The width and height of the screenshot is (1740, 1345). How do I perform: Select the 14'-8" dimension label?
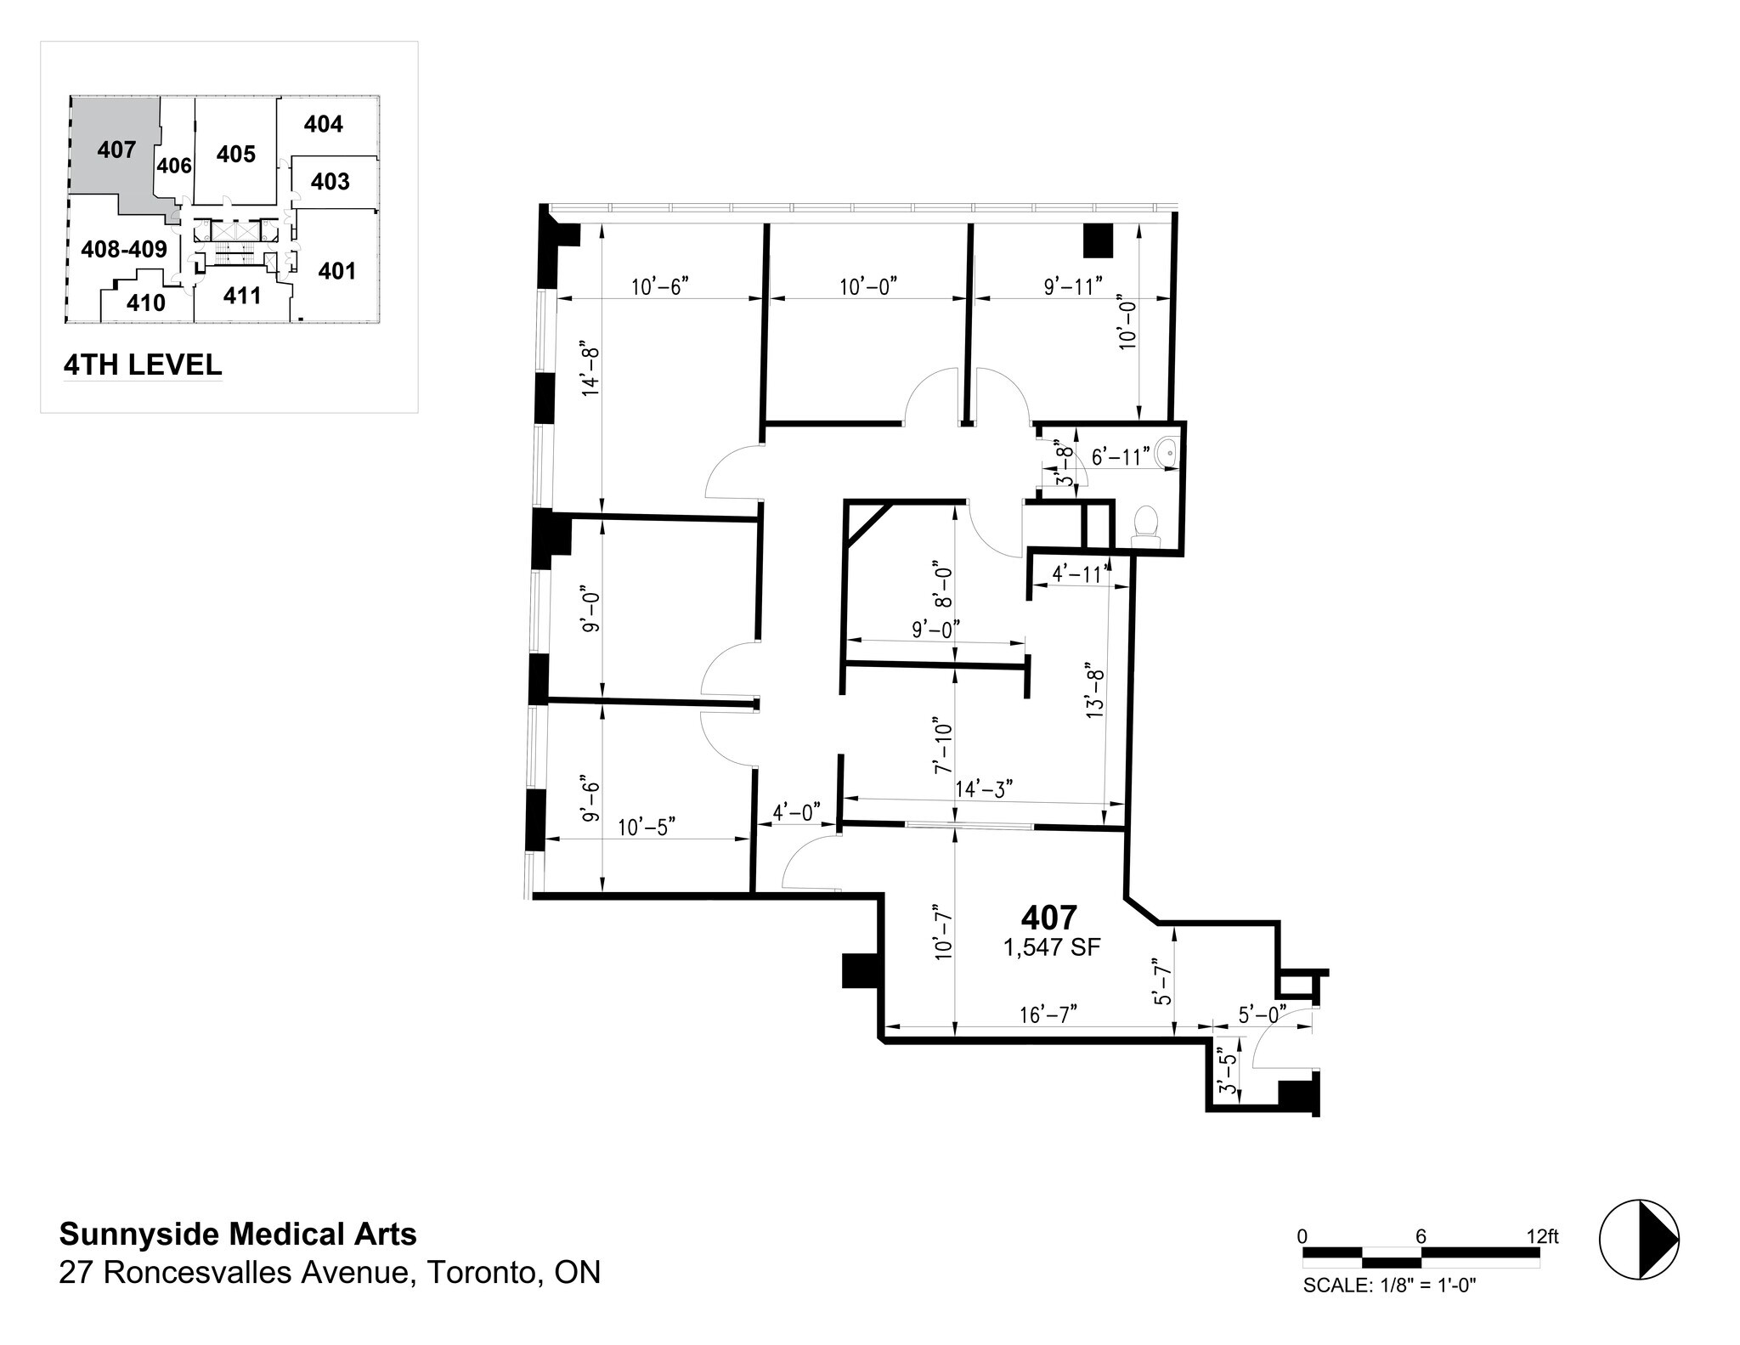pos(590,370)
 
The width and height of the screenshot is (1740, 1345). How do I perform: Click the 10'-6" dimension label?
pos(658,286)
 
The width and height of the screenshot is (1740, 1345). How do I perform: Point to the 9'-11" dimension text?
pos(1073,286)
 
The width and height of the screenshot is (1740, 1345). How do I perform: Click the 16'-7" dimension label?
pos(1048,1014)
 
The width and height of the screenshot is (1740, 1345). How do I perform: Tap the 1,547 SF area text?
pos(1052,948)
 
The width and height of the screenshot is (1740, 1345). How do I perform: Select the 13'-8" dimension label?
pos(1096,691)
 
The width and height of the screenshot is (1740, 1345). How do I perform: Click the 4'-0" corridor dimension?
pos(795,812)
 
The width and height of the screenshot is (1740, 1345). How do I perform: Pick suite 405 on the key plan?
pos(235,154)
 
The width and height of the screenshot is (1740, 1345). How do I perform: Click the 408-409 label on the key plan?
pos(124,249)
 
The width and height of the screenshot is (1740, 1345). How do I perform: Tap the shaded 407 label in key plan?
pos(116,150)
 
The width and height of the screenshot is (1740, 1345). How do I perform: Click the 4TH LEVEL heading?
pos(143,365)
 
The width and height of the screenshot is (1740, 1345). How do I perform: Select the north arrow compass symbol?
pos(1640,1239)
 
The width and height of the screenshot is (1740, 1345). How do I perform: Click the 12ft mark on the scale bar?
pos(1542,1236)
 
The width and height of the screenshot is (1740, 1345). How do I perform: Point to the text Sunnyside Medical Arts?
pos(238,1234)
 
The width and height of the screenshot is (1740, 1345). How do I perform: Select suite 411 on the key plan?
pos(242,296)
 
